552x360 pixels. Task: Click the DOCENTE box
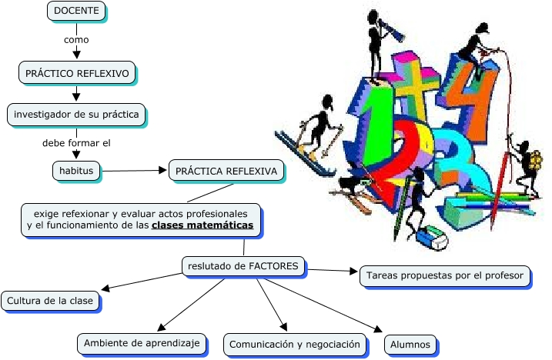75,11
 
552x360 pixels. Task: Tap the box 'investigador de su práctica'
76,115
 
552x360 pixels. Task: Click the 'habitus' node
76,169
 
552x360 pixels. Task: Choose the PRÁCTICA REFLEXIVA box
226,169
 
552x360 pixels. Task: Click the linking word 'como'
76,38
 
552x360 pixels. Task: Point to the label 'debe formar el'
76,142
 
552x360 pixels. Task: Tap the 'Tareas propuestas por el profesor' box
445,275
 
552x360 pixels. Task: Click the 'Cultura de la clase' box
51,300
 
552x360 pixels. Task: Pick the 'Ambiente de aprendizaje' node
142,342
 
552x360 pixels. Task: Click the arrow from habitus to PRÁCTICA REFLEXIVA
135,169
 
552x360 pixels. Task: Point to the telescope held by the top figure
391,29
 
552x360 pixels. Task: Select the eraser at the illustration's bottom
431,239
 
